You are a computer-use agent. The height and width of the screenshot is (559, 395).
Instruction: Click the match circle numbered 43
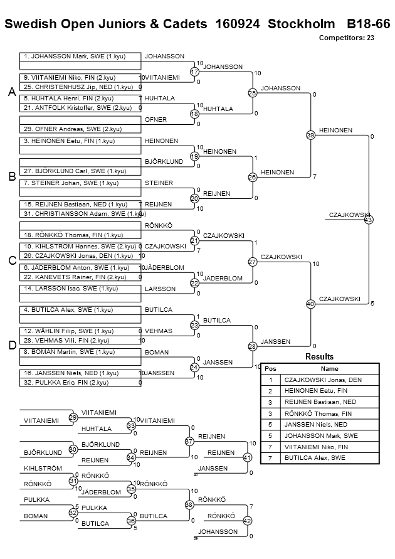click(x=369, y=220)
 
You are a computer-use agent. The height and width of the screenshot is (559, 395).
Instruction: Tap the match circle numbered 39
click(x=310, y=135)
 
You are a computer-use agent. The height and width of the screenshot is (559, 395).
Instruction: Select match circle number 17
click(x=194, y=72)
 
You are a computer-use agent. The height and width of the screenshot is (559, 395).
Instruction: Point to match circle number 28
click(x=253, y=346)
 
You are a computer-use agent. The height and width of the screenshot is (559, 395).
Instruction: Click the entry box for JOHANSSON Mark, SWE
click(x=80, y=56)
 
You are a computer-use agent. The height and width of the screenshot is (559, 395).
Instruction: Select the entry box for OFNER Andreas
click(x=80, y=129)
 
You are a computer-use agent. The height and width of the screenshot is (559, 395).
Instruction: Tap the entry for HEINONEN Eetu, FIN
click(x=80, y=141)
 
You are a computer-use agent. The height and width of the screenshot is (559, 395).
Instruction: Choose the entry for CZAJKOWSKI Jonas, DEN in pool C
click(x=80, y=256)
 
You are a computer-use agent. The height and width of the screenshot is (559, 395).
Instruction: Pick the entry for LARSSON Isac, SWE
click(x=80, y=289)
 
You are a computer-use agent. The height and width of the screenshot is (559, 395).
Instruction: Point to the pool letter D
click(x=12, y=346)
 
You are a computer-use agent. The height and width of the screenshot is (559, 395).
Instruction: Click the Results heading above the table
click(x=319, y=356)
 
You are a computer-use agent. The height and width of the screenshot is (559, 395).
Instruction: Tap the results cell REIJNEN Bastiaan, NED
click(x=329, y=402)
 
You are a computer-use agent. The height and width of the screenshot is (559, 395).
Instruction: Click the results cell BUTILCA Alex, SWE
click(x=329, y=458)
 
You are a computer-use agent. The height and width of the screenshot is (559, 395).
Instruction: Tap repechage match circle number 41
click(x=247, y=457)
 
